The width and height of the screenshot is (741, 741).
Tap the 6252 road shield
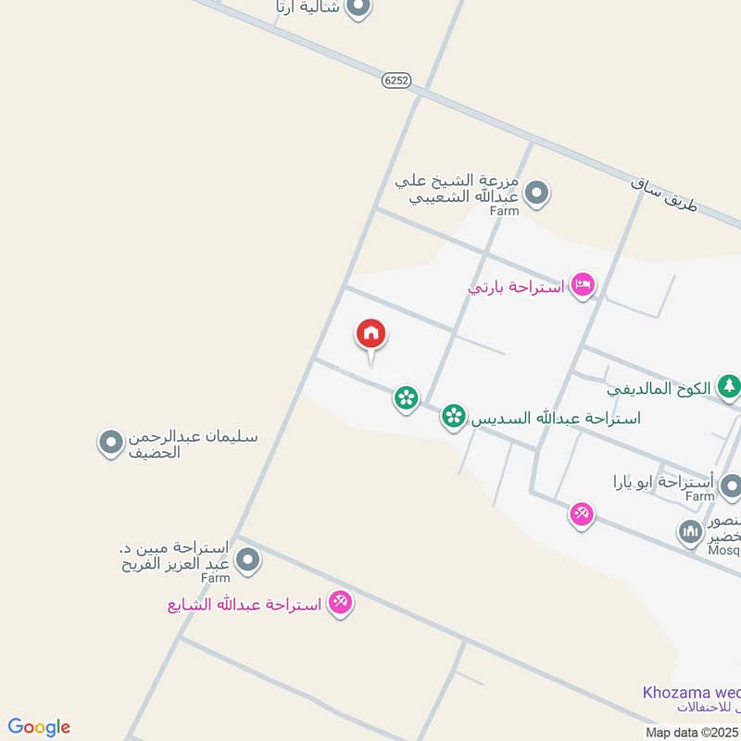pos(396,81)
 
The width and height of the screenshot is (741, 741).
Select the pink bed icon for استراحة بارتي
pos(583,285)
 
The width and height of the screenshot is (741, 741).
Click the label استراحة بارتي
pos(516,287)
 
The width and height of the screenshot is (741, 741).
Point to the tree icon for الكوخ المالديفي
pos(730,386)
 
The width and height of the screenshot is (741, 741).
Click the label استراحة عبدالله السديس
pos(556,418)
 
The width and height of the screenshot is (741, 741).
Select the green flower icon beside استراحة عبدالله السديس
pos(453,416)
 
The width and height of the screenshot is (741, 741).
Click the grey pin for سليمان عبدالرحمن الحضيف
pos(111,443)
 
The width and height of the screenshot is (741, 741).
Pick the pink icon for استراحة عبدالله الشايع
pos(340,603)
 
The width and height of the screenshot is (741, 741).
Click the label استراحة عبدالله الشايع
pos(245,605)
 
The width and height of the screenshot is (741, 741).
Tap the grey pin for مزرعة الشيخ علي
pos(535,194)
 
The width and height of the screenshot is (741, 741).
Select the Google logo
pos(39,726)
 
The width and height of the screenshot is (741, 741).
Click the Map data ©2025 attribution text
pos(692,732)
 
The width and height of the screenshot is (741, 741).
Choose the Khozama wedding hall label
pos(691,693)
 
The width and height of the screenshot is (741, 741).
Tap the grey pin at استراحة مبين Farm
pos(247,559)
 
